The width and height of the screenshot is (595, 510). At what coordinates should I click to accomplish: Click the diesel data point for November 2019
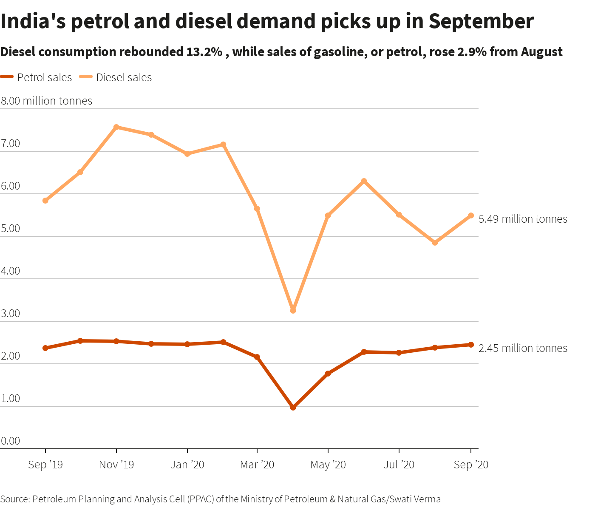click(x=116, y=127)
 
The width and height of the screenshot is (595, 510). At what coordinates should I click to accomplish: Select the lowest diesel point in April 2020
click(x=293, y=311)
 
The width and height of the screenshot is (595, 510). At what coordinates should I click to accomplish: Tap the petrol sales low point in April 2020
click(x=293, y=408)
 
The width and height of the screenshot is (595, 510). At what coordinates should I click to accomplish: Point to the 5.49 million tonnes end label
click(x=523, y=219)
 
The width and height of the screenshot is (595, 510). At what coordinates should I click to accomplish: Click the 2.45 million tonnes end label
click(x=523, y=348)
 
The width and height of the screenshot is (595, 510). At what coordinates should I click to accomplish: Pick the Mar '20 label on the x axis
click(x=257, y=465)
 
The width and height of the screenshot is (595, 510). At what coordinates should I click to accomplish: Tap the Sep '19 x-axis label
click(x=45, y=465)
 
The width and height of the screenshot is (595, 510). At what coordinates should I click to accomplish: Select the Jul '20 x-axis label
click(x=399, y=465)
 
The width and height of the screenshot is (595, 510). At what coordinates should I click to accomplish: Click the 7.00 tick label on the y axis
click(x=11, y=143)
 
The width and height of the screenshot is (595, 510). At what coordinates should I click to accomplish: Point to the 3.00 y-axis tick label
click(x=11, y=313)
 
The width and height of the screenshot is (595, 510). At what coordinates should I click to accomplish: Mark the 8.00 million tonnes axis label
click(x=46, y=101)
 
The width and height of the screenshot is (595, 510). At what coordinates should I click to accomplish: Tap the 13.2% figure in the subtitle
click(x=204, y=52)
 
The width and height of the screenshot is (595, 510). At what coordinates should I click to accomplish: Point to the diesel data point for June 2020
click(x=364, y=181)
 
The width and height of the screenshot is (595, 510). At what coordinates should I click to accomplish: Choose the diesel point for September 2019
click(x=45, y=201)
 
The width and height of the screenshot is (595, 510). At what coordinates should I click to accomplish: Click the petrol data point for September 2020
click(x=471, y=345)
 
